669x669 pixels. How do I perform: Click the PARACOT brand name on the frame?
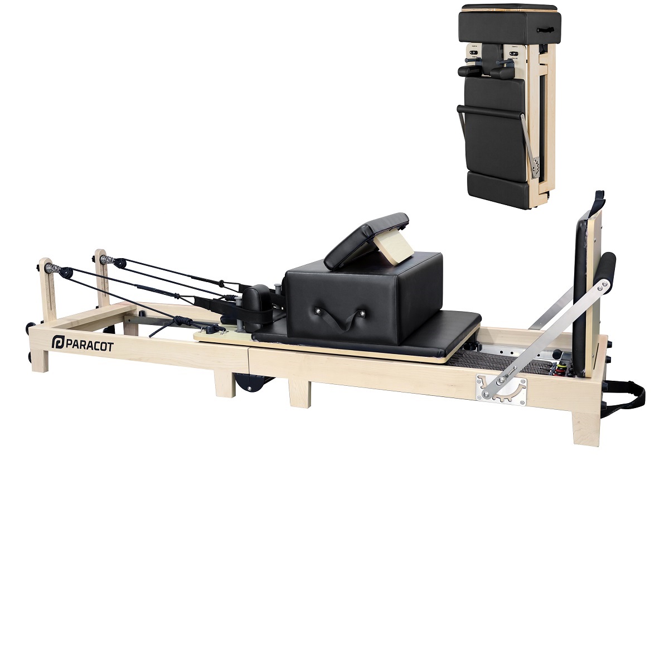[x=90, y=346]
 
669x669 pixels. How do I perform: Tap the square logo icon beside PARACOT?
[x=58, y=343]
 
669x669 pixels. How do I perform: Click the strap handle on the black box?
[x=336, y=318]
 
